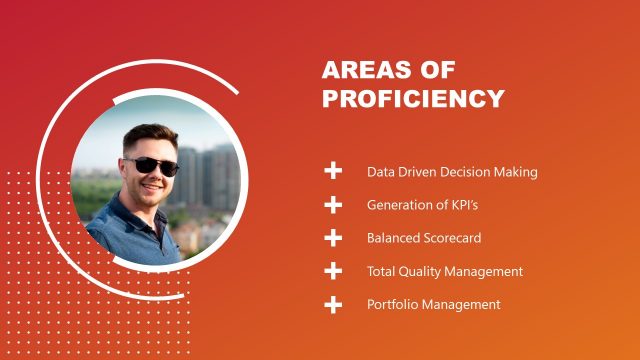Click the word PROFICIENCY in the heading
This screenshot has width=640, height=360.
(413, 99)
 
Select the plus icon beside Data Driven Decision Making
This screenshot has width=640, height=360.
(333, 171)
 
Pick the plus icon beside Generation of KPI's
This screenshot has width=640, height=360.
(333, 205)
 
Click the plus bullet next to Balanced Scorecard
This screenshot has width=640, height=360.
(333, 238)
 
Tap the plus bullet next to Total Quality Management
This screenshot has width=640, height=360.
(333, 271)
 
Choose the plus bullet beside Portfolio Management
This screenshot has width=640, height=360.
(333, 304)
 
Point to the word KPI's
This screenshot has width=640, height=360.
(460, 205)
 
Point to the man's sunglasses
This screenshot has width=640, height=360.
(154, 165)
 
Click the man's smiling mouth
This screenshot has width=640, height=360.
(152, 186)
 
